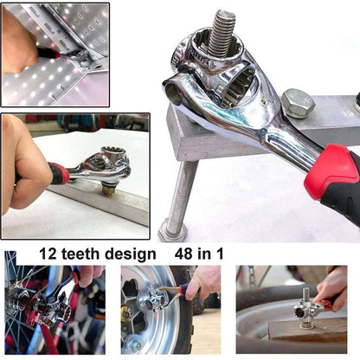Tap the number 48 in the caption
coord(183,254)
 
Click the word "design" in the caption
coord(130,254)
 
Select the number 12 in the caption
coord(48,254)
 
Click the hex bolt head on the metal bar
coord(298,104)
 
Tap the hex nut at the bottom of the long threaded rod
coord(173,231)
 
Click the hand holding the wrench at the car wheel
coord(202,283)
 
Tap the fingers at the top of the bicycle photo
coord(90,275)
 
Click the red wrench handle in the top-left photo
coord(48,54)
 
